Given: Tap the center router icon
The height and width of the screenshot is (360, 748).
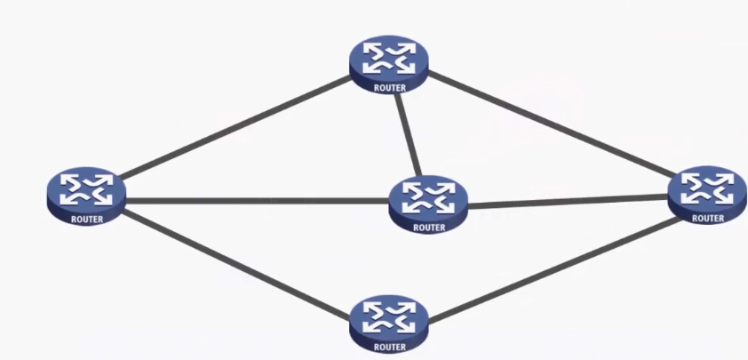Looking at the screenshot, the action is (428, 205).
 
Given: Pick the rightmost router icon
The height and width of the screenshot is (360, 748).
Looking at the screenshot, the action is (707, 195).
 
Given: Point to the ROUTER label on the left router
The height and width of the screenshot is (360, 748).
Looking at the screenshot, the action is (85, 219).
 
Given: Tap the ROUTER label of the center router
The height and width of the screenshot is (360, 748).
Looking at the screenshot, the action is (428, 228).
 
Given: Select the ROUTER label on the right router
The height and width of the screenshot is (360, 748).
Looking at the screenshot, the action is (708, 218).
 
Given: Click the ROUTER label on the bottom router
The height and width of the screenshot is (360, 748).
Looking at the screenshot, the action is (389, 348).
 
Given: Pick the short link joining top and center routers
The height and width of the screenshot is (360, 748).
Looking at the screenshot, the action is (407, 133).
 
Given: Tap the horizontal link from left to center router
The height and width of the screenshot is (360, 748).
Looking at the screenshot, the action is (258, 201).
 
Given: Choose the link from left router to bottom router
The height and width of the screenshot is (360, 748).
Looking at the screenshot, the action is (235, 261).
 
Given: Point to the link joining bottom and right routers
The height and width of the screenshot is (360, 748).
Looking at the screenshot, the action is (551, 267).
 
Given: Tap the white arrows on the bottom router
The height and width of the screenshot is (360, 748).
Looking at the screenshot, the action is (389, 317).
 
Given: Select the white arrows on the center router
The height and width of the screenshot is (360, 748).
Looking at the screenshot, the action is (428, 197).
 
